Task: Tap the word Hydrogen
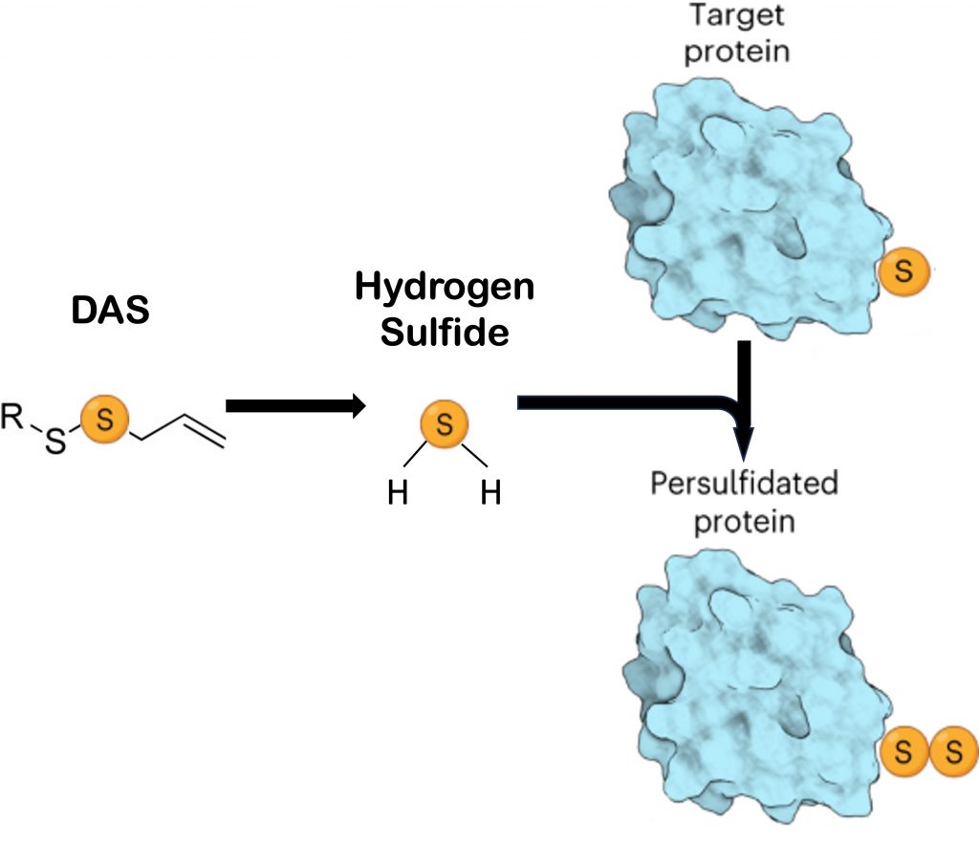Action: [x=444, y=288]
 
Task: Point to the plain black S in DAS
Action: [x=56, y=443]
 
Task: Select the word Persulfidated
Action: [x=744, y=483]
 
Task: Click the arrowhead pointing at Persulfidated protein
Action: [x=745, y=447]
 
